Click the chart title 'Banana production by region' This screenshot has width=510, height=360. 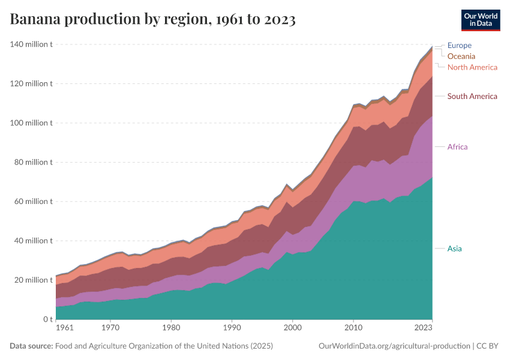pyautogui.click(x=152, y=19)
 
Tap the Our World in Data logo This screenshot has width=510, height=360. pyautogui.click(x=480, y=20)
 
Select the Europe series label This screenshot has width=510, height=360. pyautogui.click(x=459, y=45)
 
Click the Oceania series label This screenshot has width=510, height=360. pyautogui.click(x=461, y=56)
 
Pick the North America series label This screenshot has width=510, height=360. pyautogui.click(x=472, y=67)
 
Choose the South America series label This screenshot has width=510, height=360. pyautogui.click(x=472, y=96)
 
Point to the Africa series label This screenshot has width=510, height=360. pyautogui.click(x=457, y=146)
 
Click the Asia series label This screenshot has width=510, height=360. pyautogui.click(x=454, y=248)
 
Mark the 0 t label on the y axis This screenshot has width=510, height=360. pyautogui.click(x=46, y=319)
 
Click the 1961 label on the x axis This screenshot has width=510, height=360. pyautogui.click(x=64, y=328)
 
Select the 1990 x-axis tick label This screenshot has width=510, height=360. pyautogui.click(x=232, y=328)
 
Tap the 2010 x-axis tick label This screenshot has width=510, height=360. pyautogui.click(x=353, y=328)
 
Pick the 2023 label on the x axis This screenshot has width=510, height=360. pyautogui.click(x=424, y=328)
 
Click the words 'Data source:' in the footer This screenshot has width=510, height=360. pyautogui.click(x=31, y=346)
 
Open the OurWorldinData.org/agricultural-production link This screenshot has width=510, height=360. pyautogui.click(x=394, y=346)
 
